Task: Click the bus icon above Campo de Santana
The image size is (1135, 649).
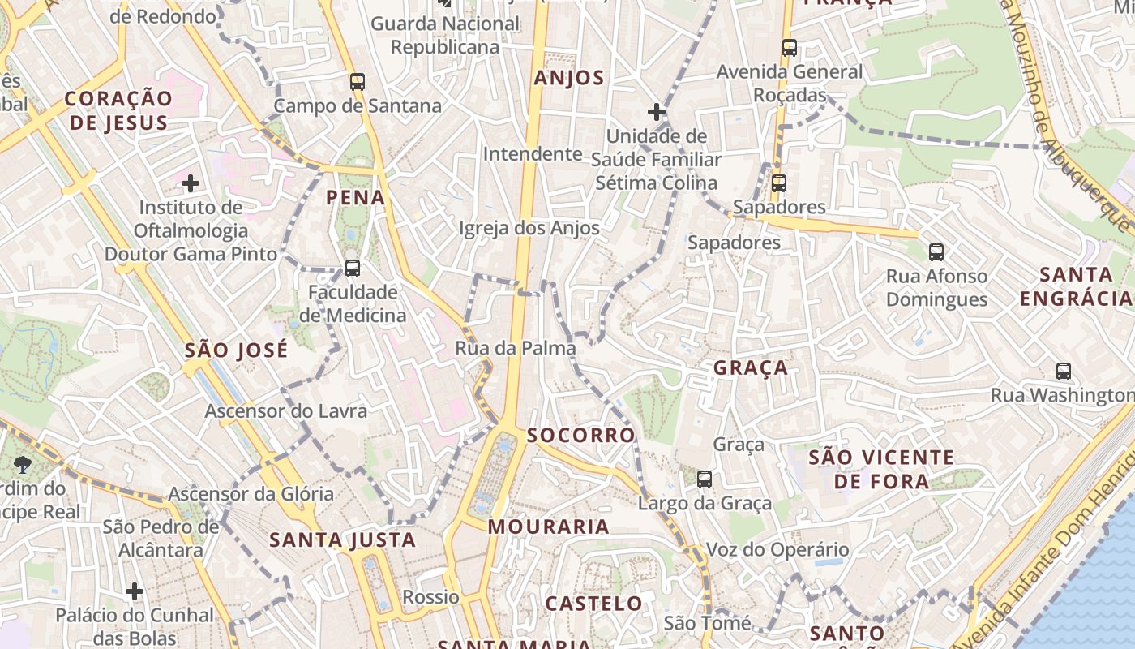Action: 357,81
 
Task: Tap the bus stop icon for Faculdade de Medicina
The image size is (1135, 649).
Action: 352,268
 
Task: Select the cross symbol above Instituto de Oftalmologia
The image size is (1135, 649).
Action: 191,183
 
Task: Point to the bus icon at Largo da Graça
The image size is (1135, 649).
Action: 705,479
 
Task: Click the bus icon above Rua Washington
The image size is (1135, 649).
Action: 1064,372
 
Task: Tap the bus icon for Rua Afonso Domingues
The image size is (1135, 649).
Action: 936,252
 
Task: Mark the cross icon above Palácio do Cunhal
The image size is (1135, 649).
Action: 135,591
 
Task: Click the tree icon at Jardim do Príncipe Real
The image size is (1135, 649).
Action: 22,465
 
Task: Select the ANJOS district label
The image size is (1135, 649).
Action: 569,78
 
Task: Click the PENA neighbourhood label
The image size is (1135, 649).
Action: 355,197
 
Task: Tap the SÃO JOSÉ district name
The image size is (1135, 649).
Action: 236,350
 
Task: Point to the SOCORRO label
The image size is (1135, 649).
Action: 581,436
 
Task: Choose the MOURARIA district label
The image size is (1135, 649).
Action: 548,527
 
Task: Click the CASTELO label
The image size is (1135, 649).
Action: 593,604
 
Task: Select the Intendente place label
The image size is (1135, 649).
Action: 533,154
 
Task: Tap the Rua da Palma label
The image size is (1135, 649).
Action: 516,349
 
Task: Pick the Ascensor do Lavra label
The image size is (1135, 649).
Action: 285,411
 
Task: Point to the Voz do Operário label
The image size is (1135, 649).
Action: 777,550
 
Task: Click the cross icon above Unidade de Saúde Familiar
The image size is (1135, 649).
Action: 657,111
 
